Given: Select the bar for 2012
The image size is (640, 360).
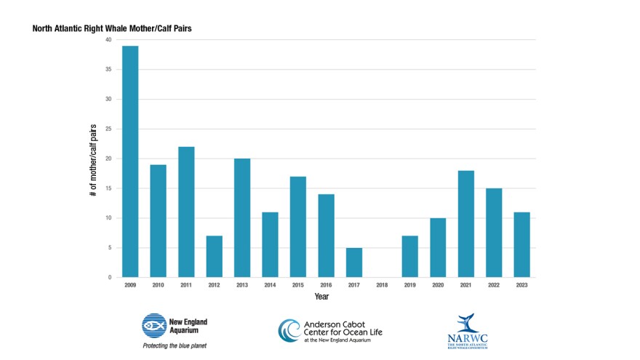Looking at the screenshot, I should tap(215, 256).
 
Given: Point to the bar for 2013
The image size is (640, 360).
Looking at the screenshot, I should tap(242, 217).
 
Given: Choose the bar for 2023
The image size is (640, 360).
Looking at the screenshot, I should tap(521, 244).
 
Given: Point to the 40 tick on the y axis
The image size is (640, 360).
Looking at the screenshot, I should tap(108, 40).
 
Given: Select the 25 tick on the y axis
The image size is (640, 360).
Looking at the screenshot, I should tap(108, 129).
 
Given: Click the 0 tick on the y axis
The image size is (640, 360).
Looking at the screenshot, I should tap(110, 277).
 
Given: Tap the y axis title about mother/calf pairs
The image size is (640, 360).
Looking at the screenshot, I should tap(94, 159).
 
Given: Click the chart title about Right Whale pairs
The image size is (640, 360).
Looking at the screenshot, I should tap(112, 29).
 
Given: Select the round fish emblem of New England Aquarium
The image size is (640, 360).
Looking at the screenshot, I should tap(154, 325).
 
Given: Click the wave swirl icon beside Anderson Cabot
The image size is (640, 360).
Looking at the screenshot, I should tap(289, 330).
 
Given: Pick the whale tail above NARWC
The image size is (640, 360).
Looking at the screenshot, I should tap(464, 323).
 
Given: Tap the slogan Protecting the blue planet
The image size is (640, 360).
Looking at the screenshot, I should tap(174, 345).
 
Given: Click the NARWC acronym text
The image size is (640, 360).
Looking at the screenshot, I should tap(463, 338).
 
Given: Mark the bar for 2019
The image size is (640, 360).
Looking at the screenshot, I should tap(409, 256).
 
